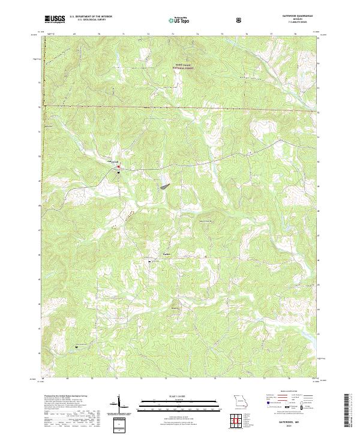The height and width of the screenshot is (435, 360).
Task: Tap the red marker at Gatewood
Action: click(118, 166)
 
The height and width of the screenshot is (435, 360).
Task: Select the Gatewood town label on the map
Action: click(111, 161)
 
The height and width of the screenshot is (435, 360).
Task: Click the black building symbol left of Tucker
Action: click(150, 260)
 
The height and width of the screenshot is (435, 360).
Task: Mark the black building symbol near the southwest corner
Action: click(76, 346)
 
